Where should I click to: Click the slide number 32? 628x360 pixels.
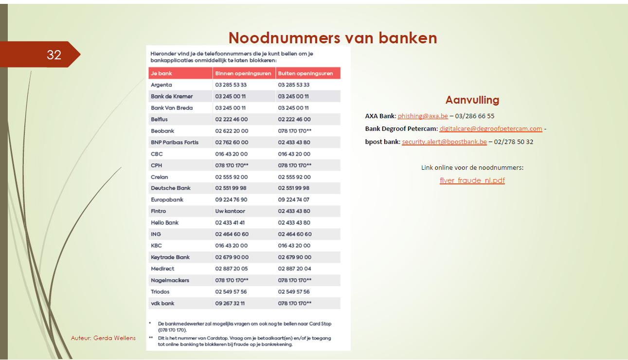(54, 55)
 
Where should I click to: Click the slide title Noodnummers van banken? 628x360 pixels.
(333, 38)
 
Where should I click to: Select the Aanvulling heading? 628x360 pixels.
(472, 100)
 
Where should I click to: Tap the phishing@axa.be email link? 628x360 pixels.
(423, 116)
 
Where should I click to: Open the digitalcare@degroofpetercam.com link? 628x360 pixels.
(490, 129)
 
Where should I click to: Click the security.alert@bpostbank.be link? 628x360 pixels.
(444, 142)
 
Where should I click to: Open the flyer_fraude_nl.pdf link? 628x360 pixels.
(472, 180)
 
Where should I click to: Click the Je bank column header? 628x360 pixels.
(161, 73)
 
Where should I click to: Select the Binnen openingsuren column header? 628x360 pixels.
(243, 73)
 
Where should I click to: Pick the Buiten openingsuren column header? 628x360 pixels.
(305, 73)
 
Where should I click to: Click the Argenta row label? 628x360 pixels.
(161, 85)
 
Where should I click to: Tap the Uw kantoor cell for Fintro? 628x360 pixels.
(230, 211)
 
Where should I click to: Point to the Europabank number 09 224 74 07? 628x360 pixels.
(293, 199)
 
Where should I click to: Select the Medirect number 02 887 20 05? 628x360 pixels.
(232, 269)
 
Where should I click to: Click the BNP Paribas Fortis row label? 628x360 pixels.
(175, 142)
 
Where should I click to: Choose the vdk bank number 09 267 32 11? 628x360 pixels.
(230, 303)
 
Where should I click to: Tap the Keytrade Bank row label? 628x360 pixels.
(170, 257)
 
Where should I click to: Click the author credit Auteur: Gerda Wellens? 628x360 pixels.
(103, 338)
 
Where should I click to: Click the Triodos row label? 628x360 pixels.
(161, 291)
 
